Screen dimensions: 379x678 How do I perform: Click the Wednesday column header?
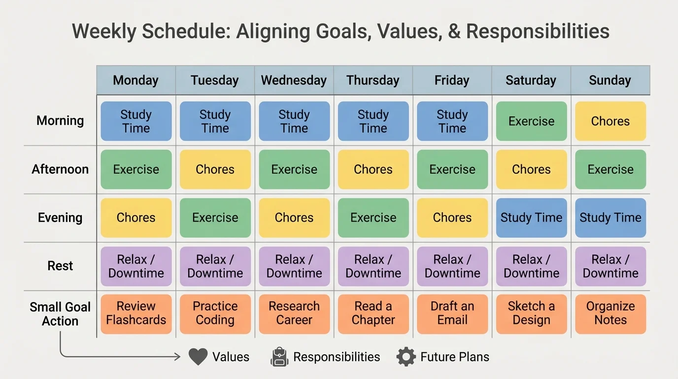click(x=294, y=80)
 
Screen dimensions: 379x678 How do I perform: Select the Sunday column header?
click(x=610, y=80)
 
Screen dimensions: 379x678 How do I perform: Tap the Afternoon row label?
click(x=60, y=169)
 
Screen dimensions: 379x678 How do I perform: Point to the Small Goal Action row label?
click(x=60, y=314)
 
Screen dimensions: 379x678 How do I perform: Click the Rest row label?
click(x=60, y=266)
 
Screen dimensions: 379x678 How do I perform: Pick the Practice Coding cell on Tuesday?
click(x=215, y=313)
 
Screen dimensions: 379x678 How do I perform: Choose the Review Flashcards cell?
click(x=136, y=313)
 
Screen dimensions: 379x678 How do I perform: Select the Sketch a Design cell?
click(x=531, y=313)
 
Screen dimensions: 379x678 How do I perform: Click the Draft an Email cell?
click(x=452, y=313)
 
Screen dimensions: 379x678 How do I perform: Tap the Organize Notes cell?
click(x=610, y=313)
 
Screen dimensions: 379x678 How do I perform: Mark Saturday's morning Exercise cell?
click(x=531, y=121)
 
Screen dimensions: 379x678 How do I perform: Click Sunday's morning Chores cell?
click(x=610, y=121)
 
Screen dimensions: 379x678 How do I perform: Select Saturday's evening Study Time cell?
click(x=531, y=218)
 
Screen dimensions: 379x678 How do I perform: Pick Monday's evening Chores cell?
click(x=136, y=218)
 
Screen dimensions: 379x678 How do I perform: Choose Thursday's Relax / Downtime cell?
click(x=373, y=266)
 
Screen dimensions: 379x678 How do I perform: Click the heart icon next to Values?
click(x=198, y=357)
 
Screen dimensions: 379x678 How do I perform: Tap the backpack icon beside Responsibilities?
click(x=279, y=357)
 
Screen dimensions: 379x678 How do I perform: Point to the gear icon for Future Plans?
click(x=406, y=357)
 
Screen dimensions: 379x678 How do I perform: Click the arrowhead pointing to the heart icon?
click(x=177, y=357)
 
